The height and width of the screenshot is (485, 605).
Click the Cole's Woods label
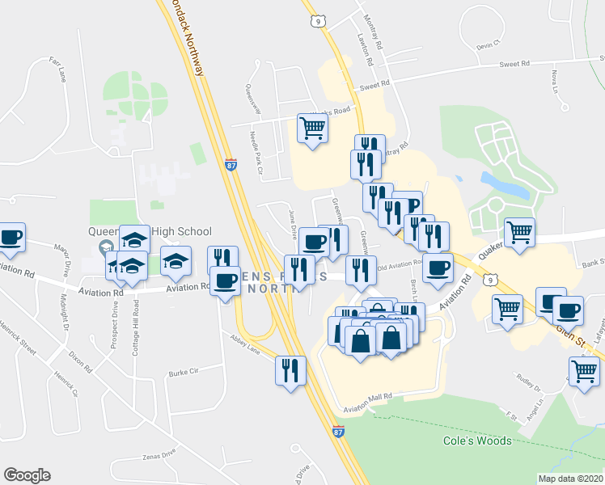[477, 441]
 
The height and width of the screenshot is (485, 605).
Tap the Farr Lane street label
[58, 69]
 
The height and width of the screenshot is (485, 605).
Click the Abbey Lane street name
[245, 344]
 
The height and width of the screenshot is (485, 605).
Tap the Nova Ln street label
[554, 79]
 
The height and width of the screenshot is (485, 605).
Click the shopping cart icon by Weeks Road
[312, 128]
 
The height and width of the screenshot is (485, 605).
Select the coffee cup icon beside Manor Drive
[11, 238]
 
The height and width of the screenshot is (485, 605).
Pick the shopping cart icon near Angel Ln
[584, 372]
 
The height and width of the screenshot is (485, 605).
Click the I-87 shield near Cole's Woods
[339, 432]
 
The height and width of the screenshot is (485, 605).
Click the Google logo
[27, 475]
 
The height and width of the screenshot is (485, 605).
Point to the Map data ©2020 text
[570, 479]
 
